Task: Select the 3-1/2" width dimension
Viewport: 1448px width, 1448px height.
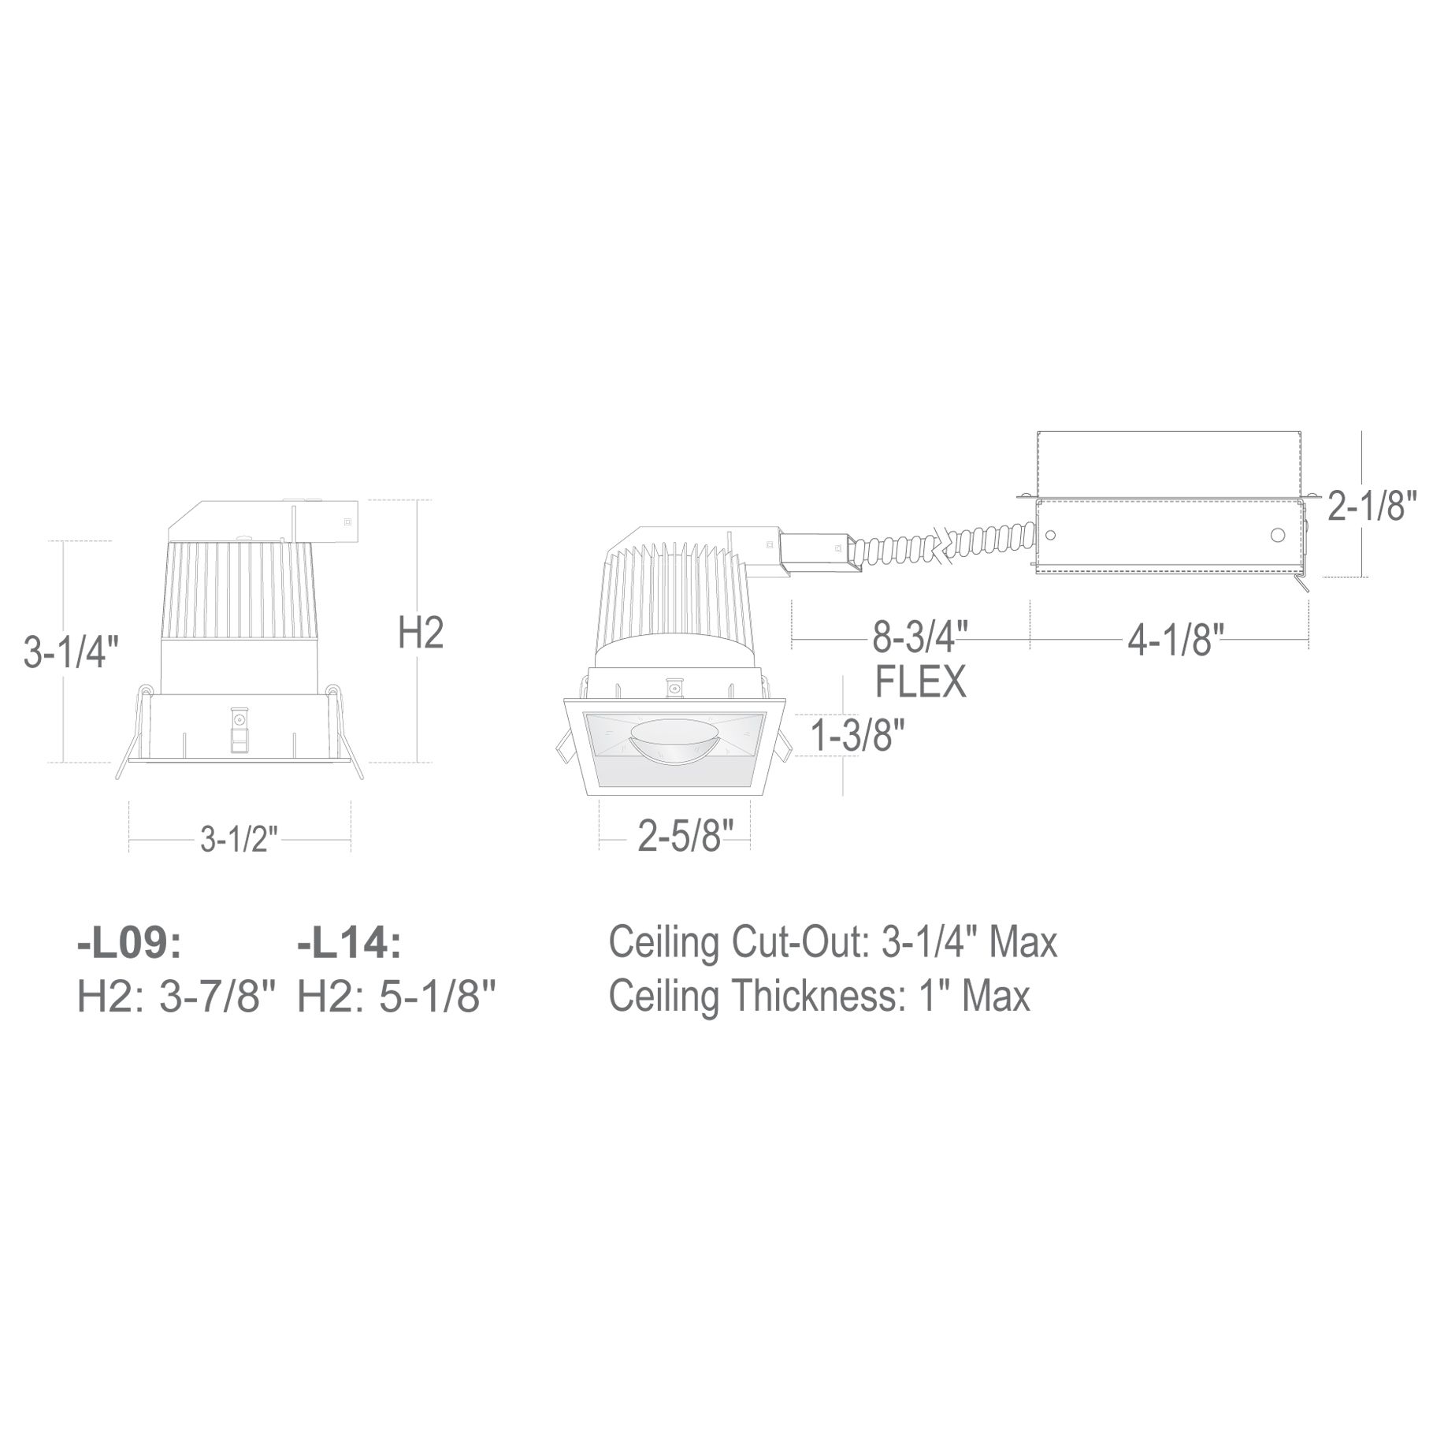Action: tap(239, 840)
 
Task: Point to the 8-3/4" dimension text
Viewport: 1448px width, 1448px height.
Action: tap(919, 637)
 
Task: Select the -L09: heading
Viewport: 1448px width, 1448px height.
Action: tap(129, 944)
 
